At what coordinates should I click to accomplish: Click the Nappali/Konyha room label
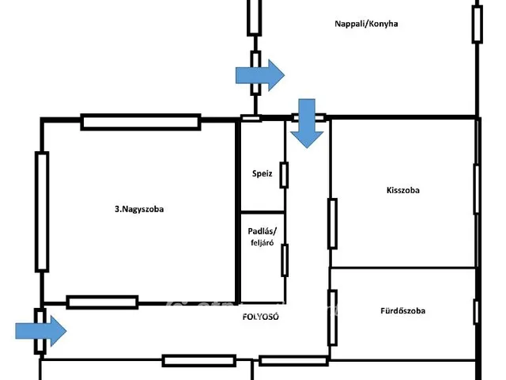[x=365, y=24]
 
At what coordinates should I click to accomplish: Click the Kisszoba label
[x=403, y=191]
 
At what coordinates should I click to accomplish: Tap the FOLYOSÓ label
[x=260, y=317]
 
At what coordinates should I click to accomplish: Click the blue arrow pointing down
[x=306, y=123]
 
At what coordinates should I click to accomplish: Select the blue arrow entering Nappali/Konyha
[x=259, y=74]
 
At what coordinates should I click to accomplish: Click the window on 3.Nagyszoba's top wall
[x=141, y=122]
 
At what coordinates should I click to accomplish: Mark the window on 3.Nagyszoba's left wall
[x=42, y=211]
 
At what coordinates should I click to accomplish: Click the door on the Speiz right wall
[x=285, y=174]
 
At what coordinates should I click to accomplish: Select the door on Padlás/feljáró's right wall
[x=285, y=260]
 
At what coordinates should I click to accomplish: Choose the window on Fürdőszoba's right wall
[x=476, y=312]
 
